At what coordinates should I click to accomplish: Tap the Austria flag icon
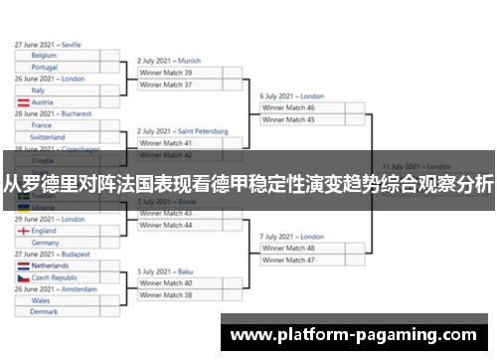22,101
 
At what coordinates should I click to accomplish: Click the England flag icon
22,231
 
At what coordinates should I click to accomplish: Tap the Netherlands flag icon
22,267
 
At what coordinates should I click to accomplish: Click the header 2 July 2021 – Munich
169,61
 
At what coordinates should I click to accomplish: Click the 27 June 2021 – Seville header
48,45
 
